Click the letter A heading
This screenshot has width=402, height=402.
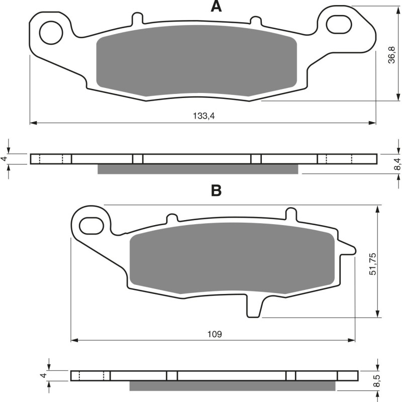(x=216, y=7)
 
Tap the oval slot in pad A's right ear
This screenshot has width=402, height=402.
(x=339, y=24)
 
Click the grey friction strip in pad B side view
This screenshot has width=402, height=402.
(x=232, y=386)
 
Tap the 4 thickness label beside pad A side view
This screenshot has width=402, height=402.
(x=5, y=159)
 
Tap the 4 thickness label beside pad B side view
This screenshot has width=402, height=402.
(x=44, y=376)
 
